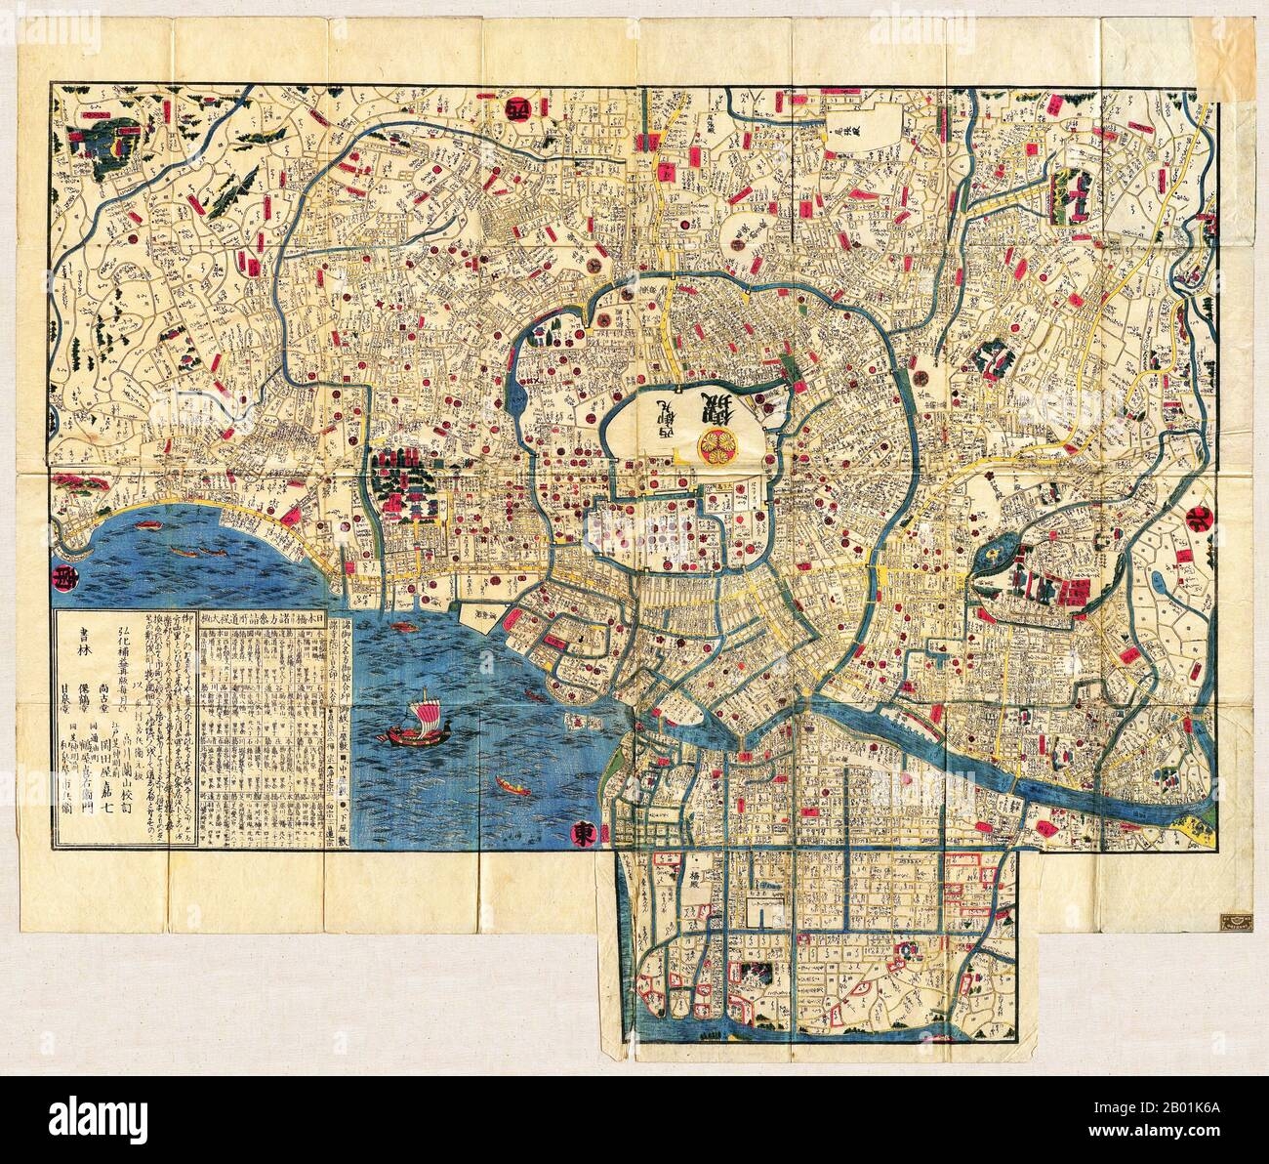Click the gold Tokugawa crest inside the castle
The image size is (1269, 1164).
710,444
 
